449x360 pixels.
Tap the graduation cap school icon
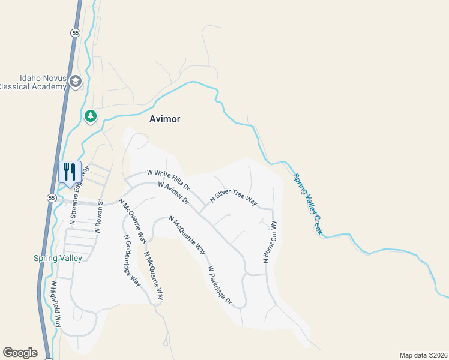click(x=75, y=82)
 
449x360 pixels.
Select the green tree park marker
click(x=91, y=115)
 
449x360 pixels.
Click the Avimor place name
click(x=165, y=119)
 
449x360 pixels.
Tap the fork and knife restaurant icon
click(x=70, y=172)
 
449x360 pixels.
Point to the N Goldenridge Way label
click(x=132, y=260)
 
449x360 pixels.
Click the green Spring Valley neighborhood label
click(x=58, y=258)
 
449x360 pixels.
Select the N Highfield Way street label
click(x=56, y=304)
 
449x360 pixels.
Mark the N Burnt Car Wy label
click(x=269, y=242)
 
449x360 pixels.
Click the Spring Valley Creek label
click(x=308, y=204)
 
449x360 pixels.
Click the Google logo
click(x=20, y=353)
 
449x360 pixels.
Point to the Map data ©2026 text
click(x=423, y=355)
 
